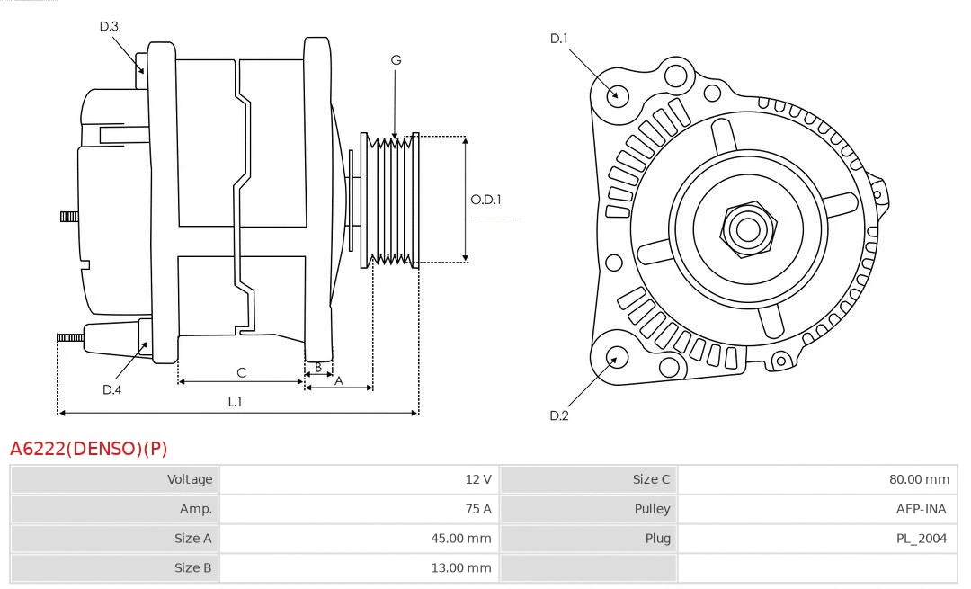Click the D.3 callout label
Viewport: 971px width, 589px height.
[x=109, y=26]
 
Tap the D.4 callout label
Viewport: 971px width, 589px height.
[x=111, y=389]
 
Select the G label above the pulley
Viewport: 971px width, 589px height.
[x=396, y=60]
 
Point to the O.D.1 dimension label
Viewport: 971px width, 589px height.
[x=485, y=200]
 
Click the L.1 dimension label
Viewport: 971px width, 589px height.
[x=235, y=402]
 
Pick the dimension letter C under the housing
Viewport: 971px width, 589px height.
[x=241, y=372]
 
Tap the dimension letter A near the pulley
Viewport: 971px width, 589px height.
[x=339, y=380]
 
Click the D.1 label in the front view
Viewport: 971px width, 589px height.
[x=559, y=38]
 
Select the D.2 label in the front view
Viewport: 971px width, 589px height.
[x=559, y=415]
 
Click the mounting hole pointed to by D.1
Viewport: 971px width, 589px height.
[x=618, y=94]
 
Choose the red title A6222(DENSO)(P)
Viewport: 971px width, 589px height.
[x=88, y=448]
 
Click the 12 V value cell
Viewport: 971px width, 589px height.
[x=478, y=479]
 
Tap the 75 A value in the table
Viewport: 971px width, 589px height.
[x=478, y=508]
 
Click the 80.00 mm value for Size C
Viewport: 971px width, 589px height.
[x=919, y=479]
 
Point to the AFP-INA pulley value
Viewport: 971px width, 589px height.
[x=922, y=508]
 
